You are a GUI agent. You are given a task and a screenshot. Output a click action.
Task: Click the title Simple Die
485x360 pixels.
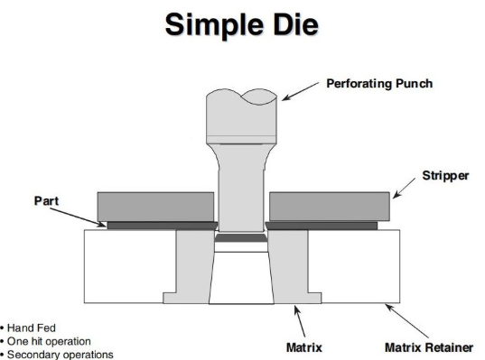coord(242,25)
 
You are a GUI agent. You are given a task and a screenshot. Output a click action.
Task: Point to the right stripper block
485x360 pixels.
coord(329,206)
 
